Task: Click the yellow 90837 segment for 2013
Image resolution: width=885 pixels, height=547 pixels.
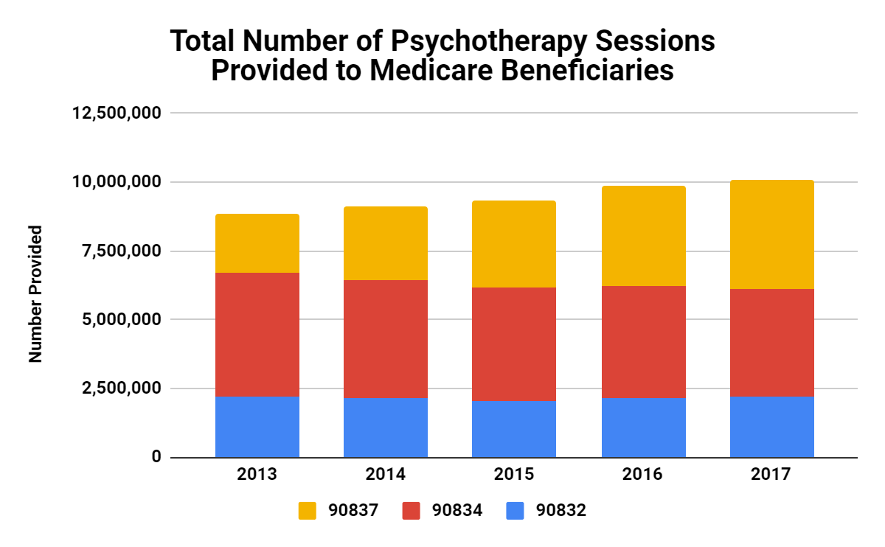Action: coord(257,243)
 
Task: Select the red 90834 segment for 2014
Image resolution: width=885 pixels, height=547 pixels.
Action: coord(385,339)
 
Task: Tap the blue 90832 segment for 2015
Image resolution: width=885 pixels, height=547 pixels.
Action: coord(513,429)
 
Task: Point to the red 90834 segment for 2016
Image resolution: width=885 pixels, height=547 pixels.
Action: coord(643,342)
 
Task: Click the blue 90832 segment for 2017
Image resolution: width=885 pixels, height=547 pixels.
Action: coord(771,427)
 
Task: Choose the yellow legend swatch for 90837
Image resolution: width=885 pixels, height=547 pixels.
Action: coord(308,510)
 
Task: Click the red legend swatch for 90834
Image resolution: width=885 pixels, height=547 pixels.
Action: coord(412,510)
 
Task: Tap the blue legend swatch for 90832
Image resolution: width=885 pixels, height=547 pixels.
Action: coord(516,510)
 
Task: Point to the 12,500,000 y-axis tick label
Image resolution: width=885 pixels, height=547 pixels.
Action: coord(117,114)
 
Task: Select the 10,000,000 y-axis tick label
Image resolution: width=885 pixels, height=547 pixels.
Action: coord(117,182)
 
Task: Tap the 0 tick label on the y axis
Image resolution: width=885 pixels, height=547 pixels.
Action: coord(156,457)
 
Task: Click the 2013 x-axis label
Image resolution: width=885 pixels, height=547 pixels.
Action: coord(257,474)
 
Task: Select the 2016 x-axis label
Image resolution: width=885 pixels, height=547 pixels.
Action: coord(643,474)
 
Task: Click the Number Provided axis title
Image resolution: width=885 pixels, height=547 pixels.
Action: coord(35,293)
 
